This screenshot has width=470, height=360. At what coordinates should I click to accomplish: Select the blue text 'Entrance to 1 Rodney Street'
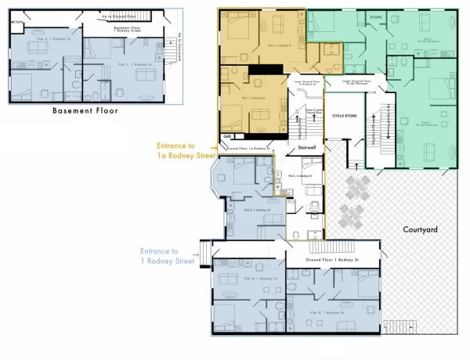(167, 255)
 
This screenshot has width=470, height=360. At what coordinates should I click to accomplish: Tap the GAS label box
(227, 135)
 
